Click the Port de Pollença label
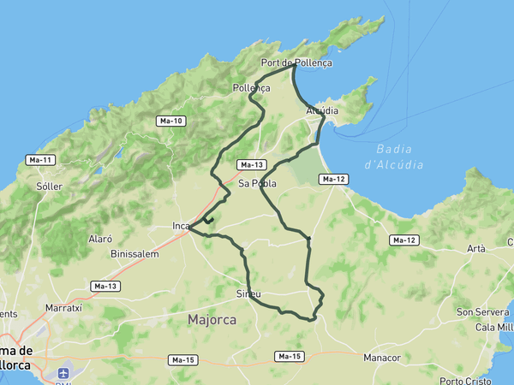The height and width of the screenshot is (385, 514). tap(296, 62)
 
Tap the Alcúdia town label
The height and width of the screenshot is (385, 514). tap(322, 111)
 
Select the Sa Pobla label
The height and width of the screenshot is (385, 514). tap(257, 183)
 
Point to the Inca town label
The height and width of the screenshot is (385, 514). tap(181, 226)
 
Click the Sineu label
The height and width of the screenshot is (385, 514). tap(248, 293)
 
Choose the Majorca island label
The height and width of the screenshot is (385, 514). tap(212, 320)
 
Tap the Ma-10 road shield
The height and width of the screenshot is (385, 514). tap(171, 121)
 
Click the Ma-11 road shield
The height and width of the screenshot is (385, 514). tap(40, 160)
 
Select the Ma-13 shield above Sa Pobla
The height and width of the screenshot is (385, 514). tap(252, 164)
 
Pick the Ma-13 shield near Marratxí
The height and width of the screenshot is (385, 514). tap(106, 286)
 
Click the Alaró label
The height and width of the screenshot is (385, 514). tap(101, 239)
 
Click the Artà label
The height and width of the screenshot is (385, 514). tap(475, 249)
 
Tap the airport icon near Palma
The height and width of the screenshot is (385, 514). tap(63, 373)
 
